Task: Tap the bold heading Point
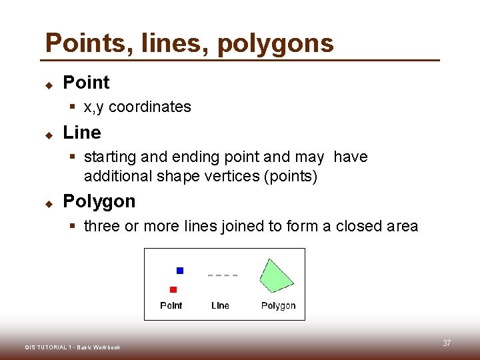[86, 83]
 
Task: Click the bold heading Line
[82, 133]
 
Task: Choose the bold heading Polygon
[99, 201]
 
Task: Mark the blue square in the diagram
[179, 271]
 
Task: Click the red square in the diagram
[173, 289]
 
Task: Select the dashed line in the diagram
[223, 275]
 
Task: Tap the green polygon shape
[276, 275]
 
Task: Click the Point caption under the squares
[171, 305]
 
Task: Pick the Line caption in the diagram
[220, 305]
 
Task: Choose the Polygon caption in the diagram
[278, 305]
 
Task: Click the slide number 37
[447, 343]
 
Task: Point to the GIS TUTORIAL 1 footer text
[73, 347]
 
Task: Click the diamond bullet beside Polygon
[49, 202]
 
